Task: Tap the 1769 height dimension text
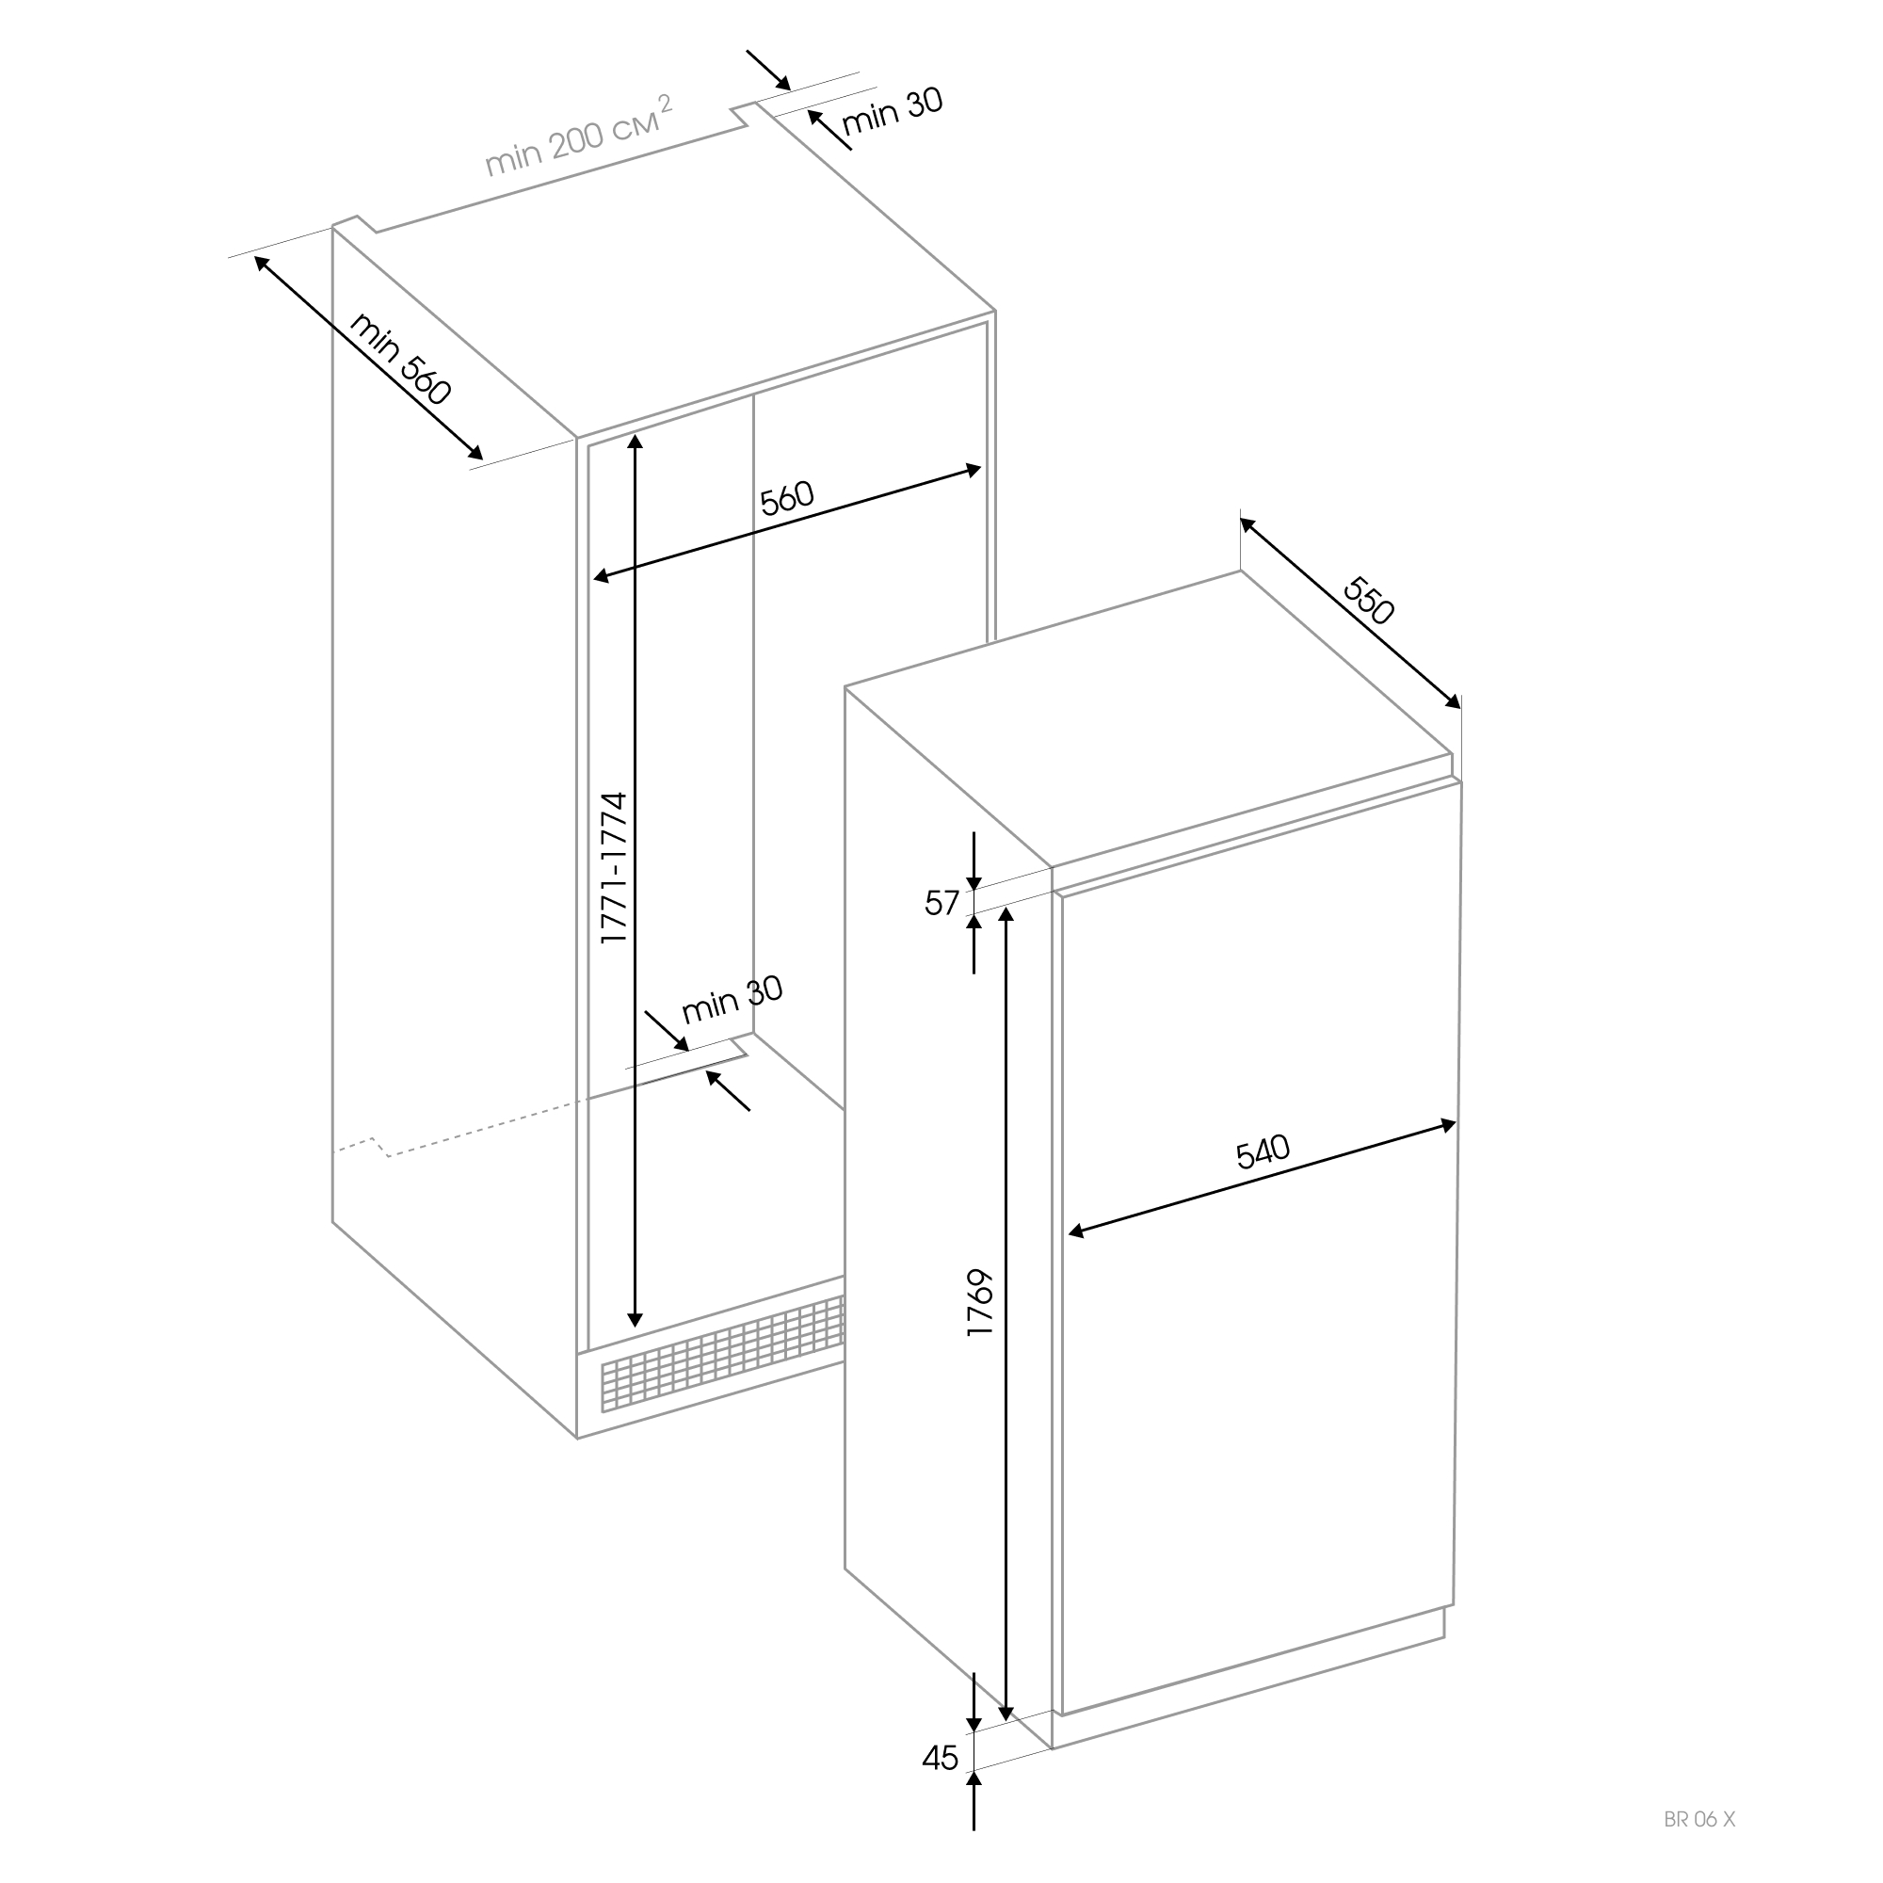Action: click(x=979, y=1303)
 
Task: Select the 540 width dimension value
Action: click(x=1263, y=1152)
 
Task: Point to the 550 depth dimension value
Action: click(x=1369, y=601)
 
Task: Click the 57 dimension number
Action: click(x=941, y=904)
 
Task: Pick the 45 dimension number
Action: click(x=941, y=1757)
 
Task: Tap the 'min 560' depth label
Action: click(x=400, y=358)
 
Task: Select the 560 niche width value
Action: click(x=786, y=498)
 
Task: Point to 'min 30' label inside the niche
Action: click(x=732, y=1000)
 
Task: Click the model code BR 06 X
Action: click(x=1699, y=1819)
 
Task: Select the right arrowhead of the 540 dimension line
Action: click(x=1447, y=1127)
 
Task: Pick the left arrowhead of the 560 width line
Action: click(x=603, y=577)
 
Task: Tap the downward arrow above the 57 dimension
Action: click(x=974, y=861)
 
